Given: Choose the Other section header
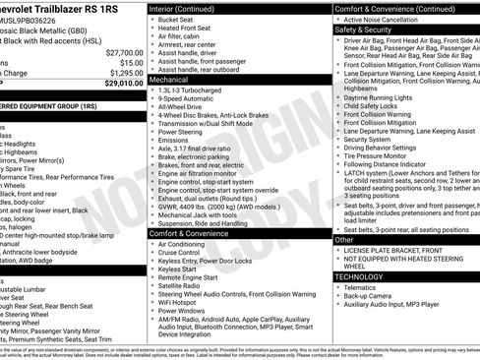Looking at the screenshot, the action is click(344, 239).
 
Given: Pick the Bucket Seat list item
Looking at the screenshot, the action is click(178, 20).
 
